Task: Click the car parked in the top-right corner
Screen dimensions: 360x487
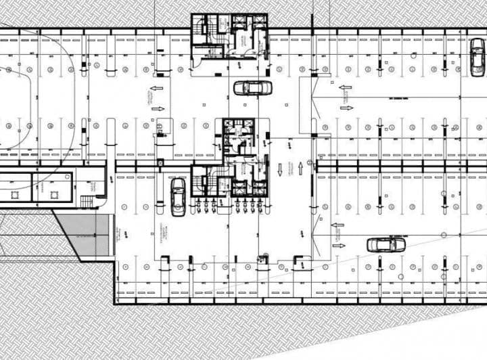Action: tap(477, 56)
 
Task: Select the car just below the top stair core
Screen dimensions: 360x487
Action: tap(253, 87)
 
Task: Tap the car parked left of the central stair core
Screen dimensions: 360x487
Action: tap(178, 196)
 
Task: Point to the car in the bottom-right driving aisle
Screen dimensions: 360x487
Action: tap(386, 244)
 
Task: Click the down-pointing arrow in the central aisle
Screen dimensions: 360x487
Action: tap(279, 168)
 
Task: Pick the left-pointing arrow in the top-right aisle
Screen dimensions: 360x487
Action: tap(346, 88)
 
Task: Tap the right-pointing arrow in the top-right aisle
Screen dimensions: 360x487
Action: tap(346, 108)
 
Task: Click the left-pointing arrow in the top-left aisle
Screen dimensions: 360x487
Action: tap(156, 88)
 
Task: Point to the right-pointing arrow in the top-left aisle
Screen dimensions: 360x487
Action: tap(157, 108)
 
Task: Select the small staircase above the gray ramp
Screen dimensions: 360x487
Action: tap(87, 201)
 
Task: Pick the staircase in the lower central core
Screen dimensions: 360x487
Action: tap(201, 183)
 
